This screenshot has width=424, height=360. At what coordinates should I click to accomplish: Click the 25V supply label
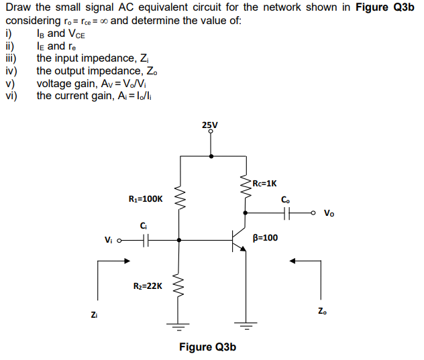pyautogui.click(x=209, y=125)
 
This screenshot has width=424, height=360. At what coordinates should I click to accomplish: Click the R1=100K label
pyautogui.click(x=145, y=198)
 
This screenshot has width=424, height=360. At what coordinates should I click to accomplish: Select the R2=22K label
pyautogui.click(x=145, y=286)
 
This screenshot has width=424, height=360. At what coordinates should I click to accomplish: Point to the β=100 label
pyautogui.click(x=266, y=237)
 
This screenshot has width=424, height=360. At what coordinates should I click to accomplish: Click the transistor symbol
pyautogui.click(x=239, y=239)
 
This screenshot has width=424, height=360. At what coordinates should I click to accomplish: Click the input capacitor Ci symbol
pyautogui.click(x=147, y=239)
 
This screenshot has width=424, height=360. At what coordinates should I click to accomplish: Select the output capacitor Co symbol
pyautogui.click(x=286, y=213)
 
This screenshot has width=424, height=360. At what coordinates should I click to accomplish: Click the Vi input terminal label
pyautogui.click(x=109, y=239)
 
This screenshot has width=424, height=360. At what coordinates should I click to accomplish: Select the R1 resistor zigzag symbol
pyautogui.click(x=179, y=198)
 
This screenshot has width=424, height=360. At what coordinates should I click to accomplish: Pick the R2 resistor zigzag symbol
pyautogui.click(x=179, y=285)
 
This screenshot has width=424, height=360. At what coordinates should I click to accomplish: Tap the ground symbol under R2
pyautogui.click(x=179, y=328)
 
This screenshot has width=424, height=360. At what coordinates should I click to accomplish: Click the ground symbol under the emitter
pyautogui.click(x=246, y=328)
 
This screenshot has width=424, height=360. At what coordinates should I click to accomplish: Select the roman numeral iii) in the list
pyautogui.click(x=11, y=58)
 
